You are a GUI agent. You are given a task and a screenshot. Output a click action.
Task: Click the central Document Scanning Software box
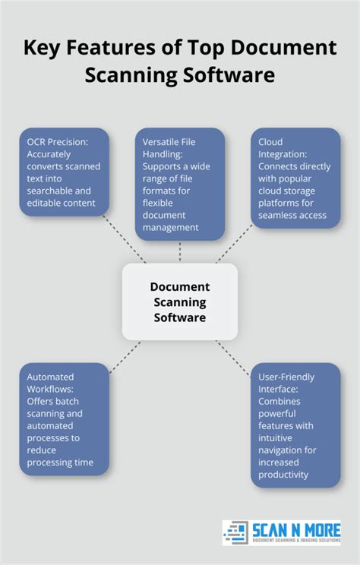click(179, 301)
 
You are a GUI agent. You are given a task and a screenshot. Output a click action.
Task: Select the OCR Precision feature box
click(64, 172)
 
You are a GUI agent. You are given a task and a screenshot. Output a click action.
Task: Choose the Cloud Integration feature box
click(295, 178)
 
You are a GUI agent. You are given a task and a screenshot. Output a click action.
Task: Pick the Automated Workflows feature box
click(64, 419)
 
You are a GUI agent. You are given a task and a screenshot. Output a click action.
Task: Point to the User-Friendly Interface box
click(295, 425)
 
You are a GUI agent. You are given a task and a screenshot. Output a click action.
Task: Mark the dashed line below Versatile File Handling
click(180, 251)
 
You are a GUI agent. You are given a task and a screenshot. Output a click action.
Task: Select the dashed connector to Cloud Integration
click(235, 246)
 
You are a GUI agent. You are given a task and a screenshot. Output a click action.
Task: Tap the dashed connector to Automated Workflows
click(125, 356)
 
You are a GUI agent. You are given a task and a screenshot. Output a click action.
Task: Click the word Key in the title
click(45, 49)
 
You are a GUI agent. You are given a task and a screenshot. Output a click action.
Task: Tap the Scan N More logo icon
click(237, 532)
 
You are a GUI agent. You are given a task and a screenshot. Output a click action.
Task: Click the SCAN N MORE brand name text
click(295, 529)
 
